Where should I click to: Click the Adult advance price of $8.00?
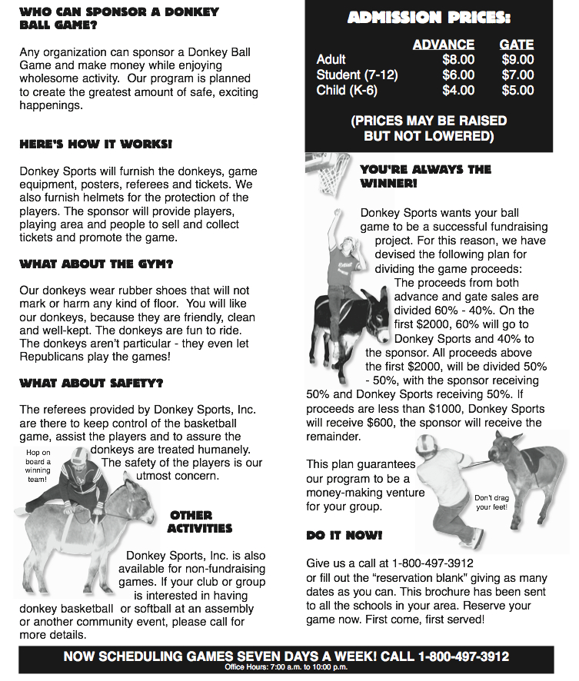[x=458, y=59]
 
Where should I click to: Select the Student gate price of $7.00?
[x=517, y=75]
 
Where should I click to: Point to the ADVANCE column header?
[x=443, y=44]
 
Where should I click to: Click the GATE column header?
[x=516, y=44]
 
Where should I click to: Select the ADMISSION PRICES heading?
[x=428, y=17]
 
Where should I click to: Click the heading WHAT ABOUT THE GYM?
[x=96, y=264]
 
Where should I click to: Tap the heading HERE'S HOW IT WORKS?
[x=95, y=144]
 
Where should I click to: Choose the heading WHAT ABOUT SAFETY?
[x=91, y=382]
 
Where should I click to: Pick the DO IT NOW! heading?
[x=344, y=534]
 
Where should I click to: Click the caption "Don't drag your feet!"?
[x=491, y=502]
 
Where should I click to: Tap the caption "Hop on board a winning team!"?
[x=38, y=466]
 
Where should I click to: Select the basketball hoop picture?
[x=331, y=173]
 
